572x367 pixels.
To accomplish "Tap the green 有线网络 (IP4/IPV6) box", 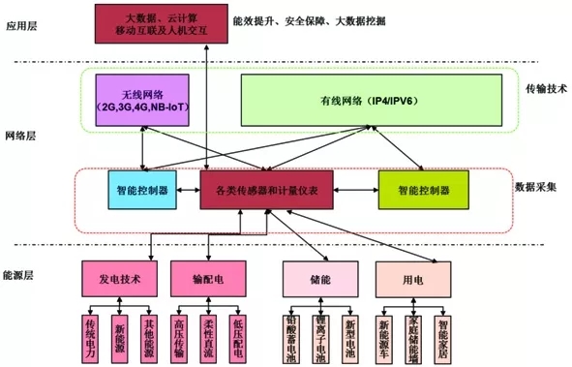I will tap(372, 101).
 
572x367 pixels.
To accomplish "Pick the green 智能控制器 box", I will tap(423, 191).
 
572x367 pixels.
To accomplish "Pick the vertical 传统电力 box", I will tap(92, 336).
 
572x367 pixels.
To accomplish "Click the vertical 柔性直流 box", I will tap(208, 336).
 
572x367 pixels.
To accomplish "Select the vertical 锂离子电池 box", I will tap(319, 338).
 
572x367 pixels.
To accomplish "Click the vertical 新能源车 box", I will tap(384, 336).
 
